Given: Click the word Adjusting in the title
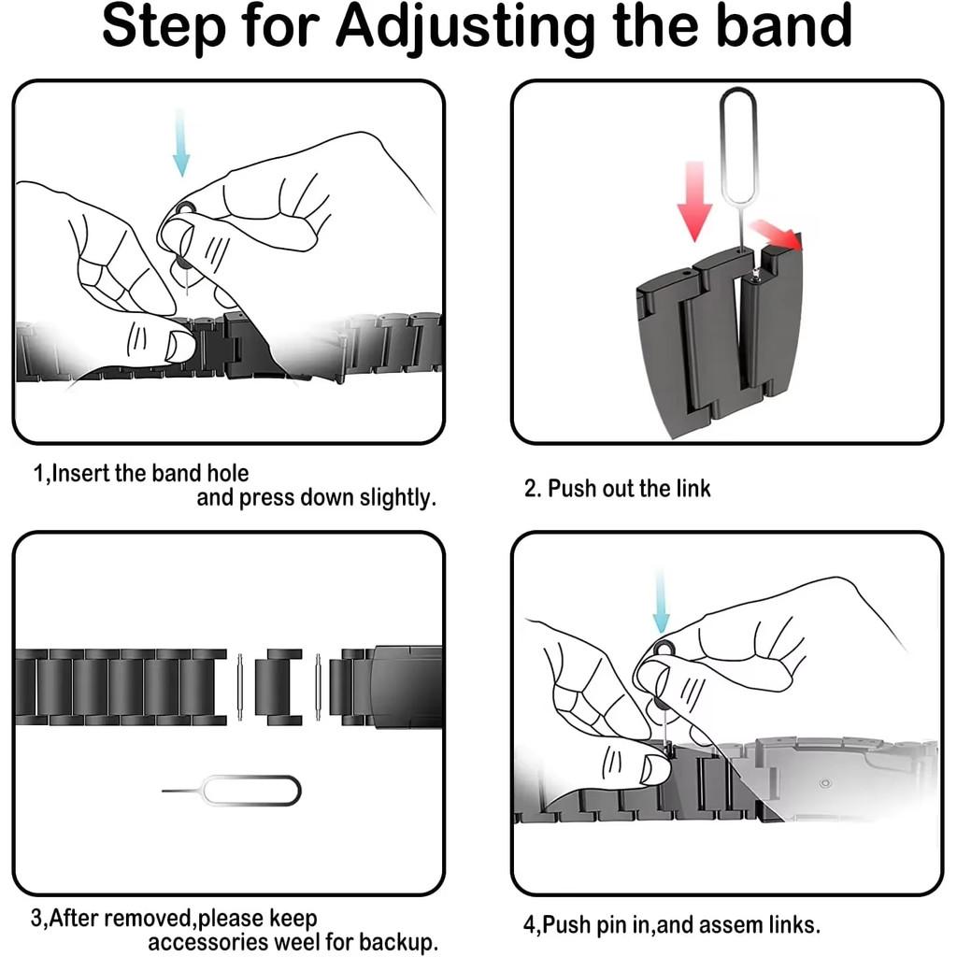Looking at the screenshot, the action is point(465,28).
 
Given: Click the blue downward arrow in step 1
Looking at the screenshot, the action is point(181,143).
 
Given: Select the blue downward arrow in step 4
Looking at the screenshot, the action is point(661,602).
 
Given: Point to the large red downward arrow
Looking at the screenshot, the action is point(694,202).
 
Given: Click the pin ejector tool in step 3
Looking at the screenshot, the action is point(232,791).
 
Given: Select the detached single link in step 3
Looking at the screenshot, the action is point(279,687).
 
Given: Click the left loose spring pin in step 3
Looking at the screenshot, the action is point(240,687).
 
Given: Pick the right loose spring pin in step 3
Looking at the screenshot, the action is point(318,687).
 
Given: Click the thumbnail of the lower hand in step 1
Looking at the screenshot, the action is point(179,346).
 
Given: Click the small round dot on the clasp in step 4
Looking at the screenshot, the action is point(825,783).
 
